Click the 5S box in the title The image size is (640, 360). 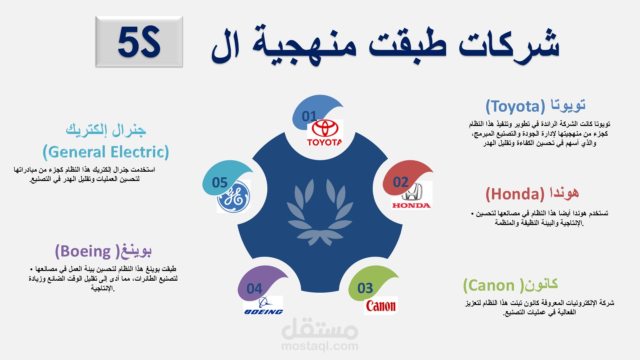[x=139, y=41]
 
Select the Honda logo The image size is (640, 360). [x=412, y=195]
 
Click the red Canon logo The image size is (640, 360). [x=381, y=305]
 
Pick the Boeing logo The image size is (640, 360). [x=263, y=305]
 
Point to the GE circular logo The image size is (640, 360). [x=233, y=197]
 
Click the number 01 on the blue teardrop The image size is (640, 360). [x=309, y=116]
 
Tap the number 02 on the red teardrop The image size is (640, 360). [x=401, y=182]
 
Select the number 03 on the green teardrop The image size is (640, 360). [x=365, y=288]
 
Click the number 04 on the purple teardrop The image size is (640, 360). [x=254, y=289]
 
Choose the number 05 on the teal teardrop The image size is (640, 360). [x=220, y=183]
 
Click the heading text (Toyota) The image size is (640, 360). [x=515, y=107]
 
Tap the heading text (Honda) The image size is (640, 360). [x=515, y=194]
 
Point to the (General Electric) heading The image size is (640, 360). [x=106, y=152]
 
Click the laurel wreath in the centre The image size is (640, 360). [x=320, y=212]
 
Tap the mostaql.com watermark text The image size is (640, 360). [x=320, y=346]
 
